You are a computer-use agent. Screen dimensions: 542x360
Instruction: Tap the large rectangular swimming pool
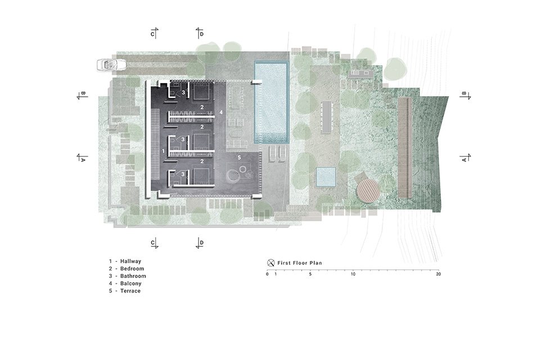pos(272,102)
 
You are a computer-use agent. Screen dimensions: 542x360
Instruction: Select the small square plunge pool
pos(326,177)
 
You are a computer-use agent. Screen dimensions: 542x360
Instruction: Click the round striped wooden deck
pos(368,190)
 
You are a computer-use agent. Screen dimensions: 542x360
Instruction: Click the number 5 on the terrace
pos(239,157)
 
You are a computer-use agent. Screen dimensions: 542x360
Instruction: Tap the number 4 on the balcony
pos(221,112)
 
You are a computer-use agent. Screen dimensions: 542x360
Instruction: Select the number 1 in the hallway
pos(164,151)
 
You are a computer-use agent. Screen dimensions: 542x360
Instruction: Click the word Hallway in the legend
pos(130,262)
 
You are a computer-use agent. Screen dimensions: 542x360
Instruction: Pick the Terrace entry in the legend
pos(125,291)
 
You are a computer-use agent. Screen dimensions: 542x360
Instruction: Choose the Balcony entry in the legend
pos(125,283)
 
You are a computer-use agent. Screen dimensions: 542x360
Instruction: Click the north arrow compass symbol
pos(271,263)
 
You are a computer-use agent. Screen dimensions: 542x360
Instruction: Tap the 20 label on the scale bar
pos(439,274)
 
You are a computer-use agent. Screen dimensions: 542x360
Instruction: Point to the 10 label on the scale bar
pos(353,274)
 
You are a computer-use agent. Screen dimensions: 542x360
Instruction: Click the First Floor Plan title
pos(300,263)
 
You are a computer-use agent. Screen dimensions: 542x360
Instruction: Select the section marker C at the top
pos(154,33)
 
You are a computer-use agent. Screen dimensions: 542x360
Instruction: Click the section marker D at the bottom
pos(200,243)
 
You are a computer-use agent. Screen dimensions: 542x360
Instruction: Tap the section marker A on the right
pos(465,157)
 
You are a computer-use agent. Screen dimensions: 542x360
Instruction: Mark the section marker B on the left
pos(82,96)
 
